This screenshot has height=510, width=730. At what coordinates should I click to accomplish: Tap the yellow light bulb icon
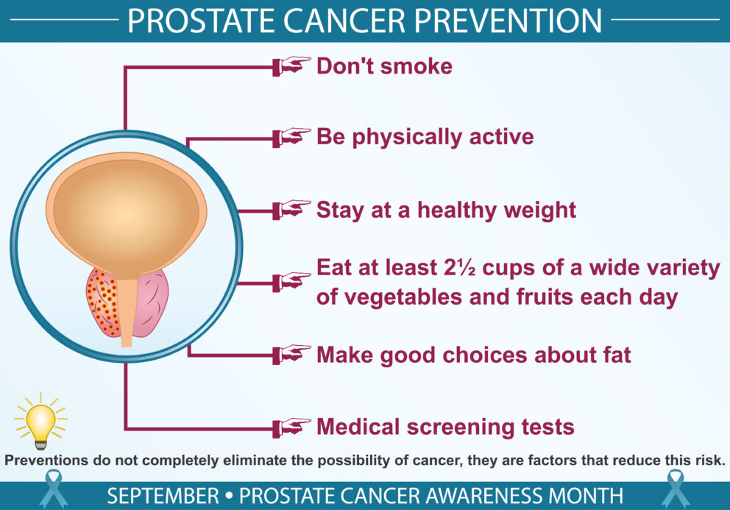(x=41, y=421)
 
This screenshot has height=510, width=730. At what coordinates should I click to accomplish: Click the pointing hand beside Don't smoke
(x=292, y=65)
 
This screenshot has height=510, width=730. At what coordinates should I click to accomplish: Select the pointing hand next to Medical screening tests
(x=292, y=427)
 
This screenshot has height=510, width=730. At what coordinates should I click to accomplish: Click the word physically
(x=407, y=138)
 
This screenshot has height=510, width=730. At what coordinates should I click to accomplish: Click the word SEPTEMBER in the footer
(x=163, y=495)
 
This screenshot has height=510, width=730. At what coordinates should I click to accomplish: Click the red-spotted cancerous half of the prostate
(x=103, y=302)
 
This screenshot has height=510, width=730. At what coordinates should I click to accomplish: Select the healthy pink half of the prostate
(x=150, y=302)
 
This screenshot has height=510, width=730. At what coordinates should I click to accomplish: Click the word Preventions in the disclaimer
(x=46, y=461)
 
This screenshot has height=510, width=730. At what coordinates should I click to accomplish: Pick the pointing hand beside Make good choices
(x=292, y=355)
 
